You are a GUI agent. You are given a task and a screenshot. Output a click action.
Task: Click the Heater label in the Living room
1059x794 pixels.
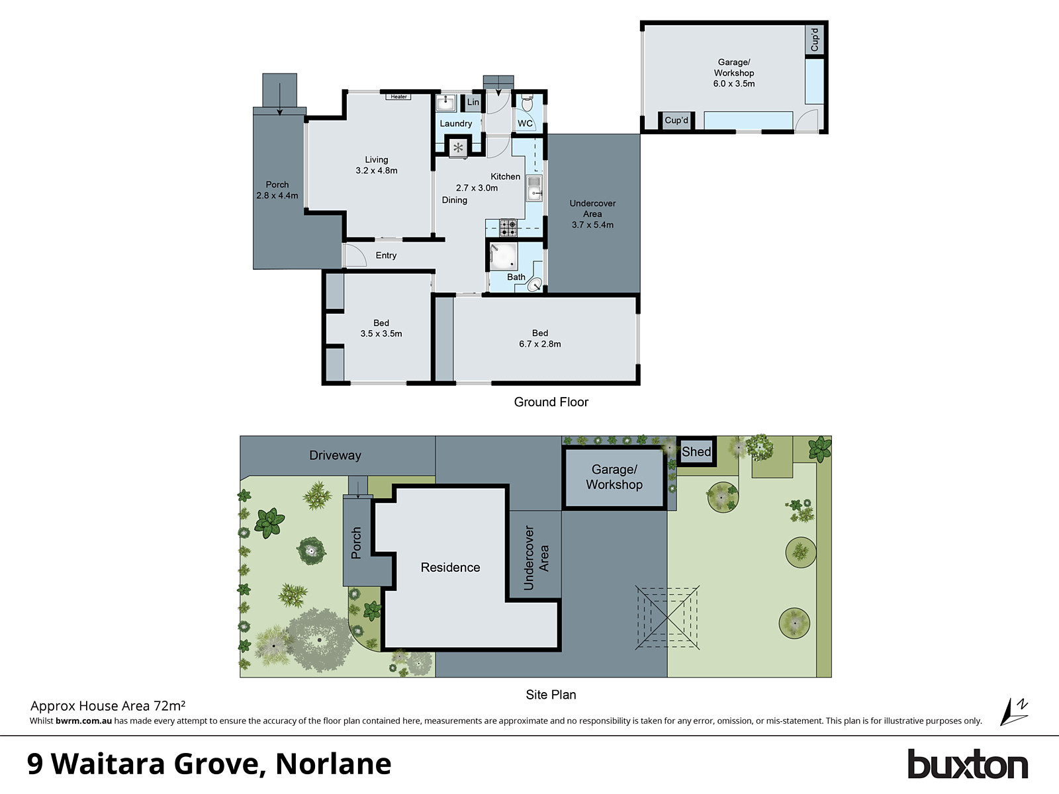click(x=398, y=97)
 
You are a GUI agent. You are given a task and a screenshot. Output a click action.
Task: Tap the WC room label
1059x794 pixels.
click(x=526, y=124)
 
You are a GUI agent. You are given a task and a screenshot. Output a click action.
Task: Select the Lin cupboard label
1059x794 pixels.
click(x=473, y=102)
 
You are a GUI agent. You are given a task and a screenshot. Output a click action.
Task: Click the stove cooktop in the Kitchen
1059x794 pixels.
click(x=508, y=228)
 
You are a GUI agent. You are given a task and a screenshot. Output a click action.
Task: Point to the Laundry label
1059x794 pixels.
click(x=456, y=124)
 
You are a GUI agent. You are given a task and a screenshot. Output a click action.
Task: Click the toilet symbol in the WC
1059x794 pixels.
click(x=527, y=104)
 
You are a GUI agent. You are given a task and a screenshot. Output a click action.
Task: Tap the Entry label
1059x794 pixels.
click(x=386, y=255)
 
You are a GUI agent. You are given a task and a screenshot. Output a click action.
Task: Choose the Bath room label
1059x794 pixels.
click(x=516, y=277)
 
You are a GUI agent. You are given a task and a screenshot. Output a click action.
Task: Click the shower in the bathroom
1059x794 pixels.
click(x=503, y=257)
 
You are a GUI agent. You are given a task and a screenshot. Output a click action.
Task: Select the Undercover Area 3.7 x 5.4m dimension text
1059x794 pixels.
click(x=592, y=225)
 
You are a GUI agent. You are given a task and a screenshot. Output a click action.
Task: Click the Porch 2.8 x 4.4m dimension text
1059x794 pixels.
click(x=277, y=196)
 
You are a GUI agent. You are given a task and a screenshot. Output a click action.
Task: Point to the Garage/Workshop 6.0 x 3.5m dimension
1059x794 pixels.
click(x=734, y=84)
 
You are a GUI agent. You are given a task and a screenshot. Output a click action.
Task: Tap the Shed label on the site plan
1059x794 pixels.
click(x=696, y=452)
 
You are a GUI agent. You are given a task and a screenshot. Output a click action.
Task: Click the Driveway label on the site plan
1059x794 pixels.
click(x=335, y=455)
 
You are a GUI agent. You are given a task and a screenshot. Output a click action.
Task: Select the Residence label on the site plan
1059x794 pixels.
click(x=450, y=568)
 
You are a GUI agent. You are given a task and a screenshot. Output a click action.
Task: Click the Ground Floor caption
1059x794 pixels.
click(x=551, y=402)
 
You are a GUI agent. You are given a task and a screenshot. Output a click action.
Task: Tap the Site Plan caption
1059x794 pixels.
click(x=551, y=695)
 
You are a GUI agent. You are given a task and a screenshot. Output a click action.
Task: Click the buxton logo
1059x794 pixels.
click(x=967, y=765)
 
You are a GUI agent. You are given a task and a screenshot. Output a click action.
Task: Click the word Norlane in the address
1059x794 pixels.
click(x=333, y=764)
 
